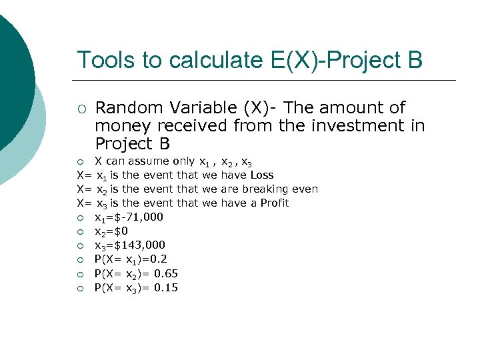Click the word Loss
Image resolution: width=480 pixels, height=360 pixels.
point(261,175)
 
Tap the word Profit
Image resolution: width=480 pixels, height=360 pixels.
point(275,203)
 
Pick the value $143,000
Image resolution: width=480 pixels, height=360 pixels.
point(141,245)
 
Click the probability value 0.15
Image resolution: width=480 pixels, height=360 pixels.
point(163,288)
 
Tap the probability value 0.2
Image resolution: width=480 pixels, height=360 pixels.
point(155,259)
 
